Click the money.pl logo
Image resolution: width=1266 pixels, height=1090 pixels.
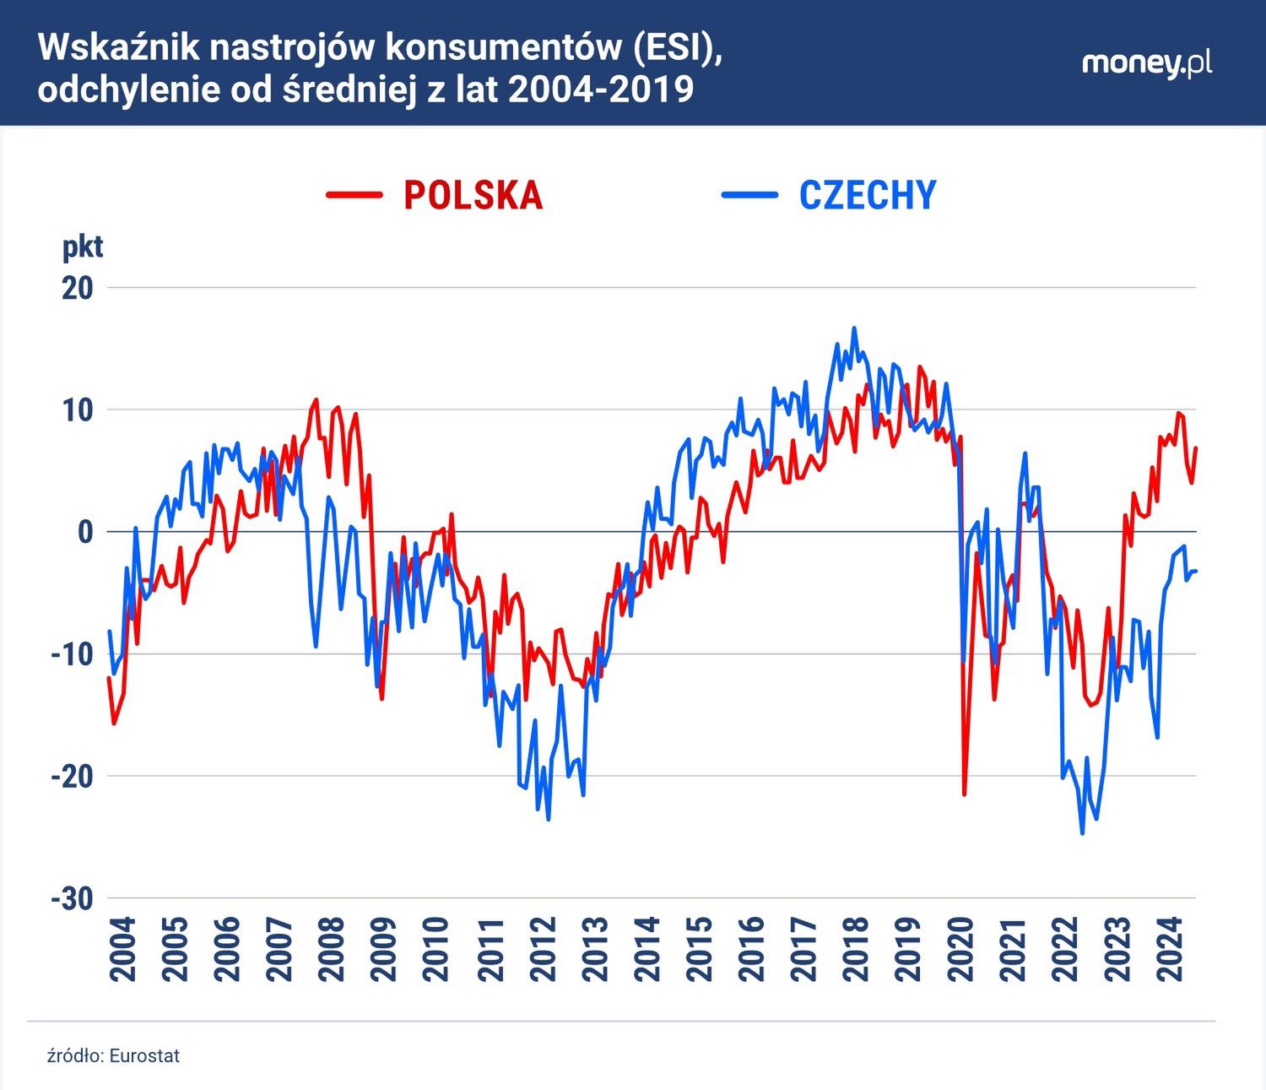1147,63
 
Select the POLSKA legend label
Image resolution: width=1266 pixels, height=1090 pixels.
473,195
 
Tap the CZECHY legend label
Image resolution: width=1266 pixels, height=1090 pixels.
868,195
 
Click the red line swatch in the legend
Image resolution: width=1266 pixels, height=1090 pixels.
354,195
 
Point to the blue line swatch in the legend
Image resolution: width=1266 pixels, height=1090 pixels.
749,195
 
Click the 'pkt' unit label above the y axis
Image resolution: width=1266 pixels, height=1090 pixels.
83,247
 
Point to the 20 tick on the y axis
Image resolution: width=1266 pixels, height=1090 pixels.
76,288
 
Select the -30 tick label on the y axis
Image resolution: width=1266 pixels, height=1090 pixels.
72,898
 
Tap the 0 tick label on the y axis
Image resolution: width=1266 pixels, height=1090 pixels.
84,532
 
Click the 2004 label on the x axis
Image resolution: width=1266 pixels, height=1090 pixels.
123,950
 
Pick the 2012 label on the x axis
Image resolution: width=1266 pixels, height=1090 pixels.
546,950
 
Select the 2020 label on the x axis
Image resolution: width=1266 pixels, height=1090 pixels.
961,950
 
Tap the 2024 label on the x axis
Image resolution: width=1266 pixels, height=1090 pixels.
1170,950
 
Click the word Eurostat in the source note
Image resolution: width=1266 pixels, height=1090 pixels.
144,1055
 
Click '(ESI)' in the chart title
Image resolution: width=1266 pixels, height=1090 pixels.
674,49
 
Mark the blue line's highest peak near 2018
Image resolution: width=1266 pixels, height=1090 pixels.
854,328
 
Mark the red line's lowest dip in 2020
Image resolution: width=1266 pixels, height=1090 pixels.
964,794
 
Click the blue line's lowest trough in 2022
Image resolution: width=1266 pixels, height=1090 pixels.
1082,833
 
